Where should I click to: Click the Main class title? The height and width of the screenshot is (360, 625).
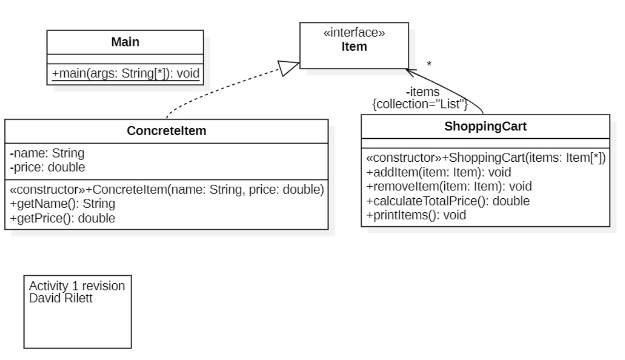[x=125, y=42]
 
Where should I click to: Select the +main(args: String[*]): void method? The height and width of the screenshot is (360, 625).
[x=125, y=74]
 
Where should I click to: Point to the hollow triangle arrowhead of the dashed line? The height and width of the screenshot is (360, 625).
[x=289, y=68]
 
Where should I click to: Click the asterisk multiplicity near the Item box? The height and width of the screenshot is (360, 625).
[x=429, y=65]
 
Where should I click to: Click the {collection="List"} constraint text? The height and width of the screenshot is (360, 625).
[x=419, y=104]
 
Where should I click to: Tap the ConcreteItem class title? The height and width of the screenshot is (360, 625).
[x=167, y=131]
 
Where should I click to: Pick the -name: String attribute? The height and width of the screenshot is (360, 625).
[x=47, y=153]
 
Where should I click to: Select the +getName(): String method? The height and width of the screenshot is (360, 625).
[x=62, y=203]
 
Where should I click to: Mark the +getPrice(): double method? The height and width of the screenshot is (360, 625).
[x=63, y=218]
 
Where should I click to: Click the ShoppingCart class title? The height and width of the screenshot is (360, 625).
[x=485, y=126]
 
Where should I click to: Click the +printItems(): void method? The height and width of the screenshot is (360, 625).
[x=416, y=214]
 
